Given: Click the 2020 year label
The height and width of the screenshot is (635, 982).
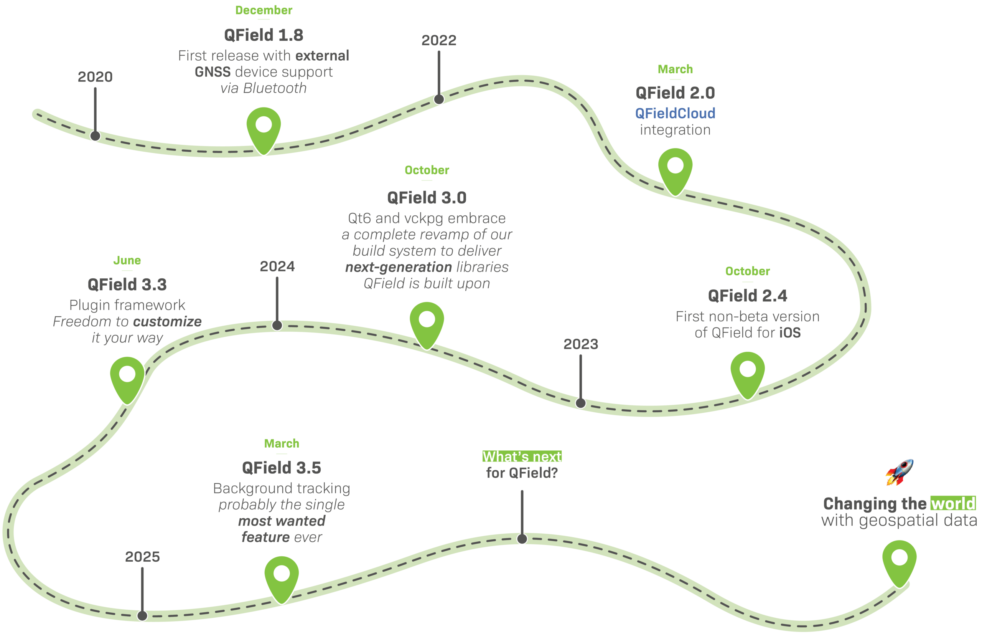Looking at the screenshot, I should pos(95,77).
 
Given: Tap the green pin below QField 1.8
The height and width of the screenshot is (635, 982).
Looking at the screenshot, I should pos(264,128).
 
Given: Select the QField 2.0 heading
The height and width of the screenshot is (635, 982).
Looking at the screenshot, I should pos(675,93).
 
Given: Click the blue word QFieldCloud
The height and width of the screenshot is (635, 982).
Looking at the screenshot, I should pos(675,113).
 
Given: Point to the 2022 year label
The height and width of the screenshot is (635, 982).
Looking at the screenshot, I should pos(439,40).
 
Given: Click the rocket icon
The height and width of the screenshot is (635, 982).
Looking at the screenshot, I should pos(899,472).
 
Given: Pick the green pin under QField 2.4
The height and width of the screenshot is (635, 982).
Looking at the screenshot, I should pos(748,372).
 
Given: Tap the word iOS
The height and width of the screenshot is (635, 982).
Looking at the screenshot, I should pos(790,333).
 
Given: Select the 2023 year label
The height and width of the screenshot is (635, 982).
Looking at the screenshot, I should pos(581,344).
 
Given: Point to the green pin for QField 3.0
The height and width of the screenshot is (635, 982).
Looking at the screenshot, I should pos(427,323).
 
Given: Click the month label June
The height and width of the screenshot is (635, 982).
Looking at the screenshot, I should pos(127,261).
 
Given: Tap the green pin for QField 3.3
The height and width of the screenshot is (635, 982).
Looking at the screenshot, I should pos(127,377).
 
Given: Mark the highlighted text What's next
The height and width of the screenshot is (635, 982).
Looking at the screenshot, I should pos(522,456).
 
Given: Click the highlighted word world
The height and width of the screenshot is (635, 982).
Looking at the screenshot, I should pos(953,504).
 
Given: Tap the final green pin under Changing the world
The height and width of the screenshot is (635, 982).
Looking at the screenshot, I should pos(899,561).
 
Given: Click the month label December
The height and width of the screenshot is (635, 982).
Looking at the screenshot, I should pos(264,10).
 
